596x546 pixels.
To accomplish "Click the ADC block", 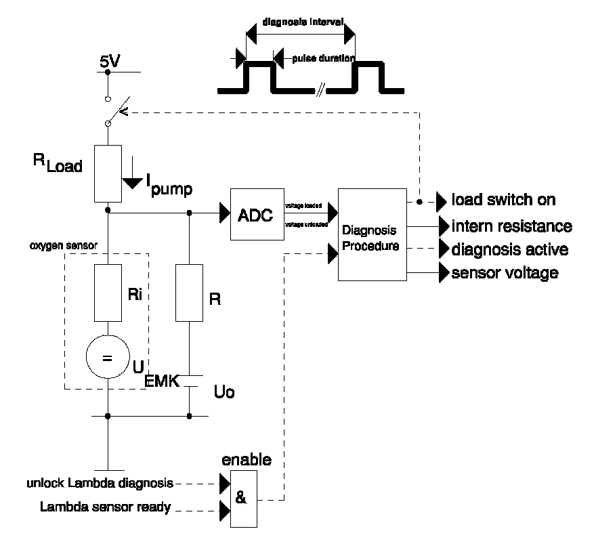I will [257, 215].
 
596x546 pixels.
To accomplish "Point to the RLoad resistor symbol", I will [108, 173].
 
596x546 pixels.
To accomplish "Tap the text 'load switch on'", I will [503, 200].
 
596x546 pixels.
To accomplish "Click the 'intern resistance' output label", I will [512, 226].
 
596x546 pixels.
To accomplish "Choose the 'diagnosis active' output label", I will [509, 250].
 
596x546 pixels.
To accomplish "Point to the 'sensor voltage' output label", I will [505, 273].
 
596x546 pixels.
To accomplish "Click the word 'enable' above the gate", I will [247, 460].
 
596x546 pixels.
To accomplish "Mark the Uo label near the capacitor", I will [224, 393].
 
